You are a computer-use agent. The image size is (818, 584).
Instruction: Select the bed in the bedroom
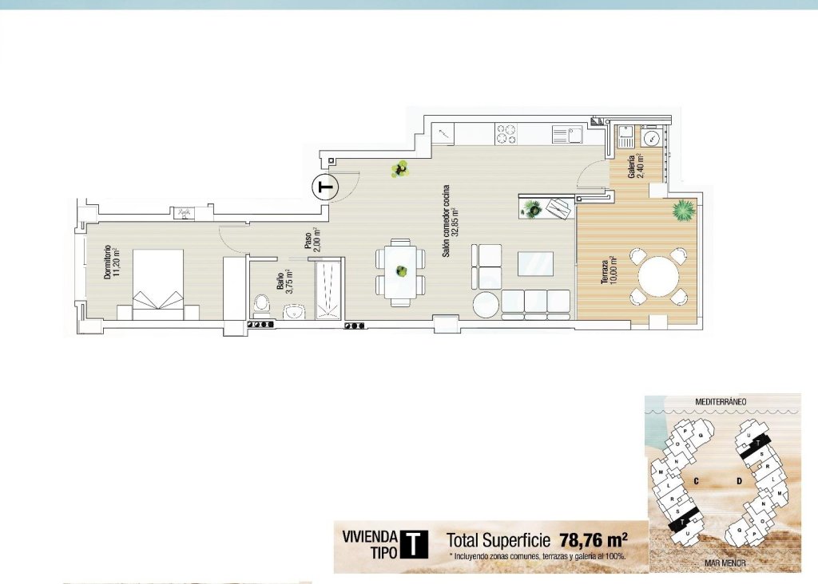(x=158, y=284)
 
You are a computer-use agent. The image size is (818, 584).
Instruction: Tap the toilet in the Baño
(x=261, y=304)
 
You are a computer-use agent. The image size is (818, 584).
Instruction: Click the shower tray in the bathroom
(x=328, y=289)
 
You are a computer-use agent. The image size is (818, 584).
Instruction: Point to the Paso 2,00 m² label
(x=312, y=240)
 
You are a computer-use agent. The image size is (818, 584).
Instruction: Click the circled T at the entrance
(x=324, y=187)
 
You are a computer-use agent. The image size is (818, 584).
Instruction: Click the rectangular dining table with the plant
(x=398, y=271)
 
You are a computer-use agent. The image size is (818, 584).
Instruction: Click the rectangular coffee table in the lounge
(x=535, y=263)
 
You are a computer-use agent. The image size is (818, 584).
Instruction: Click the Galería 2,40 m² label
(x=636, y=166)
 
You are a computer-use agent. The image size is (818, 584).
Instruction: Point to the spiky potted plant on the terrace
(x=684, y=211)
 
